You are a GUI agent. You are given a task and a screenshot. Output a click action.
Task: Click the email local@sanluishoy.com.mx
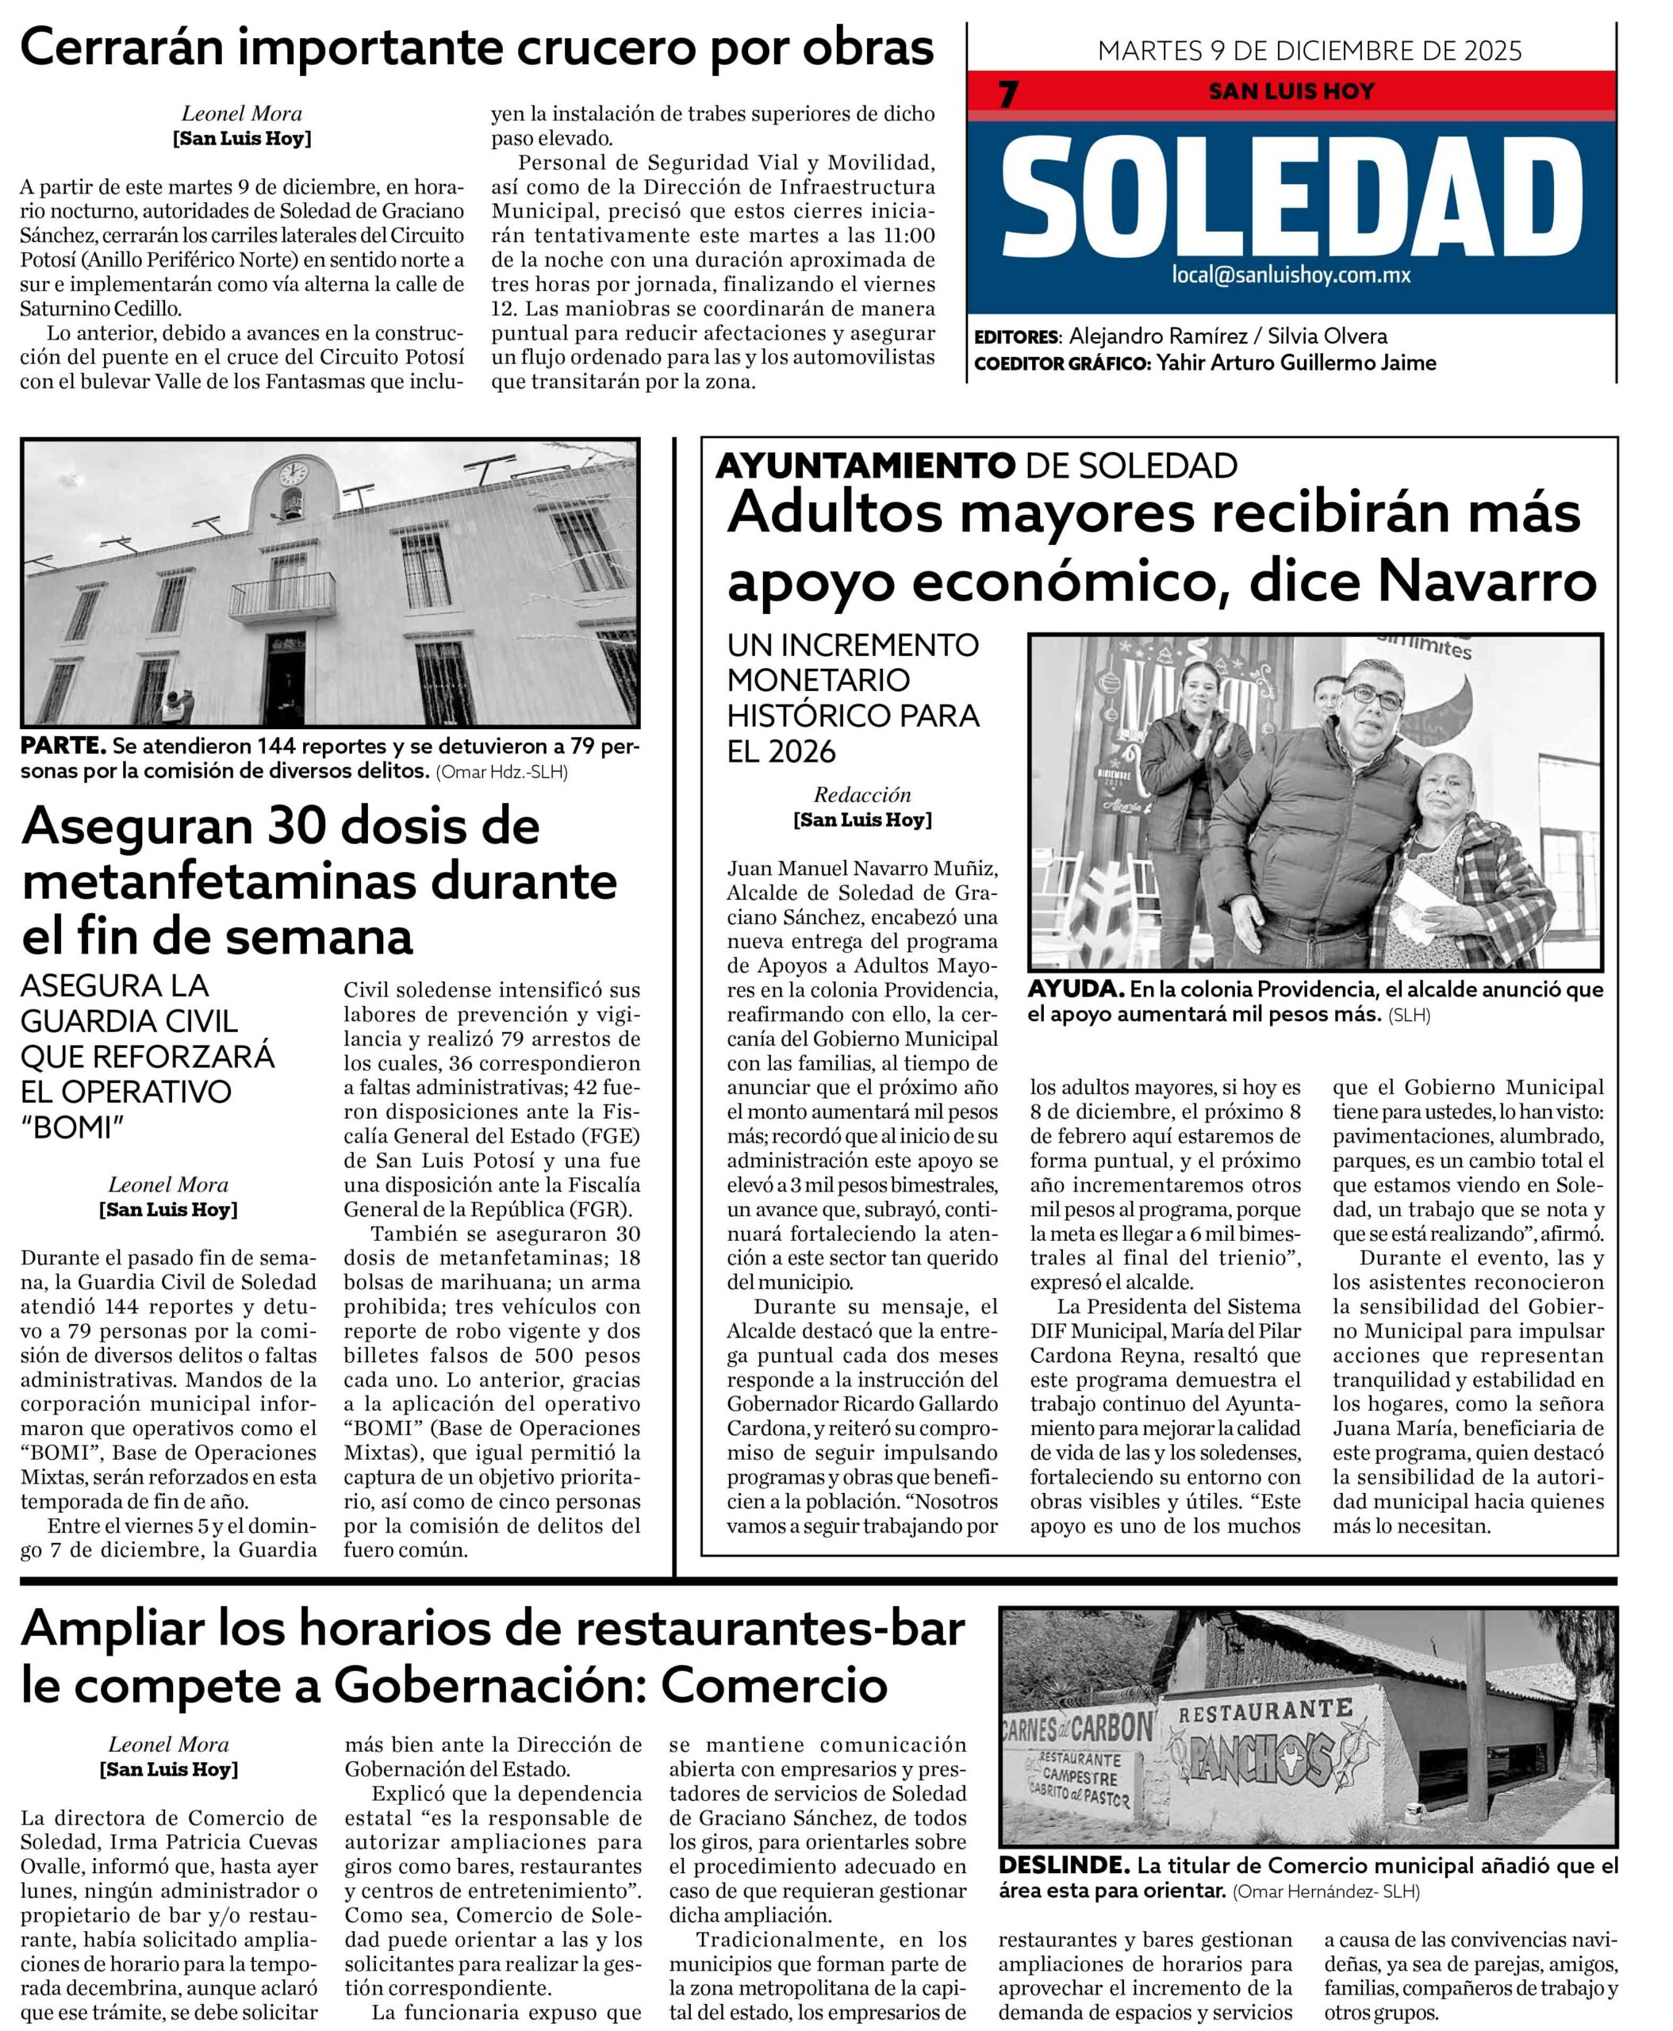pos(1291,275)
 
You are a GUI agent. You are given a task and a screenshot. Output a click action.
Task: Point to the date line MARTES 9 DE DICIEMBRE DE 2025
pos(1309,50)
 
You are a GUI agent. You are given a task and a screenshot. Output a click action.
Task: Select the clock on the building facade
pos(293,472)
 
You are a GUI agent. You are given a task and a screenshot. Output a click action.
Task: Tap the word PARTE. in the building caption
pos(63,746)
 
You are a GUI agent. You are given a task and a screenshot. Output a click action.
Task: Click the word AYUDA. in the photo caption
pos(1075,990)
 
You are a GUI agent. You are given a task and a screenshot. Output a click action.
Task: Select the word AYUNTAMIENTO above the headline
pos(865,466)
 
